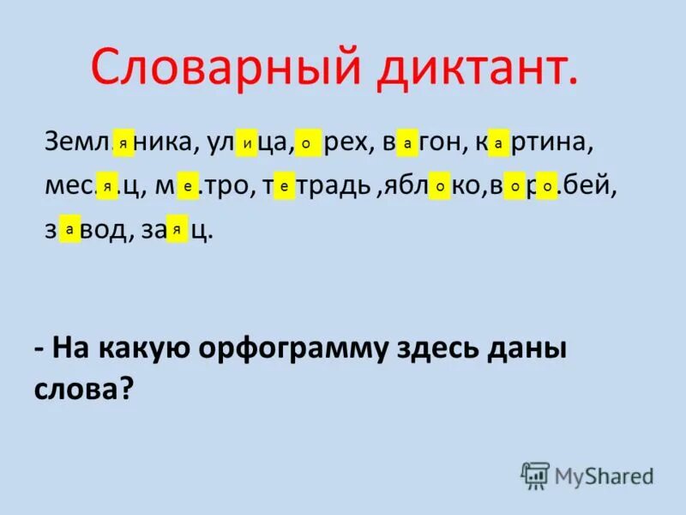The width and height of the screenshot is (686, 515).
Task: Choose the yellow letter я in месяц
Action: pyautogui.click(x=107, y=185)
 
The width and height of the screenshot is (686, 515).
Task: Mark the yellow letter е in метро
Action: pyautogui.click(x=188, y=185)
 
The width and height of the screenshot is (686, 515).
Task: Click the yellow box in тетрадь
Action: pyautogui.click(x=284, y=185)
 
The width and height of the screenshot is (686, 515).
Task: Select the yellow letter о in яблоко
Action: pyautogui.click(x=440, y=185)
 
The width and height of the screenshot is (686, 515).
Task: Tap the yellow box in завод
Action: pyautogui.click(x=69, y=228)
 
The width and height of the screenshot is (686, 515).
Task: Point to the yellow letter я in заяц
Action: pyautogui.click(x=177, y=228)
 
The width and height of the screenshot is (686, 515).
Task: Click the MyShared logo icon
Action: pyautogui.click(x=535, y=476)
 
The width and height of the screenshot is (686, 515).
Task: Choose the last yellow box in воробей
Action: pyautogui.click(x=546, y=185)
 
